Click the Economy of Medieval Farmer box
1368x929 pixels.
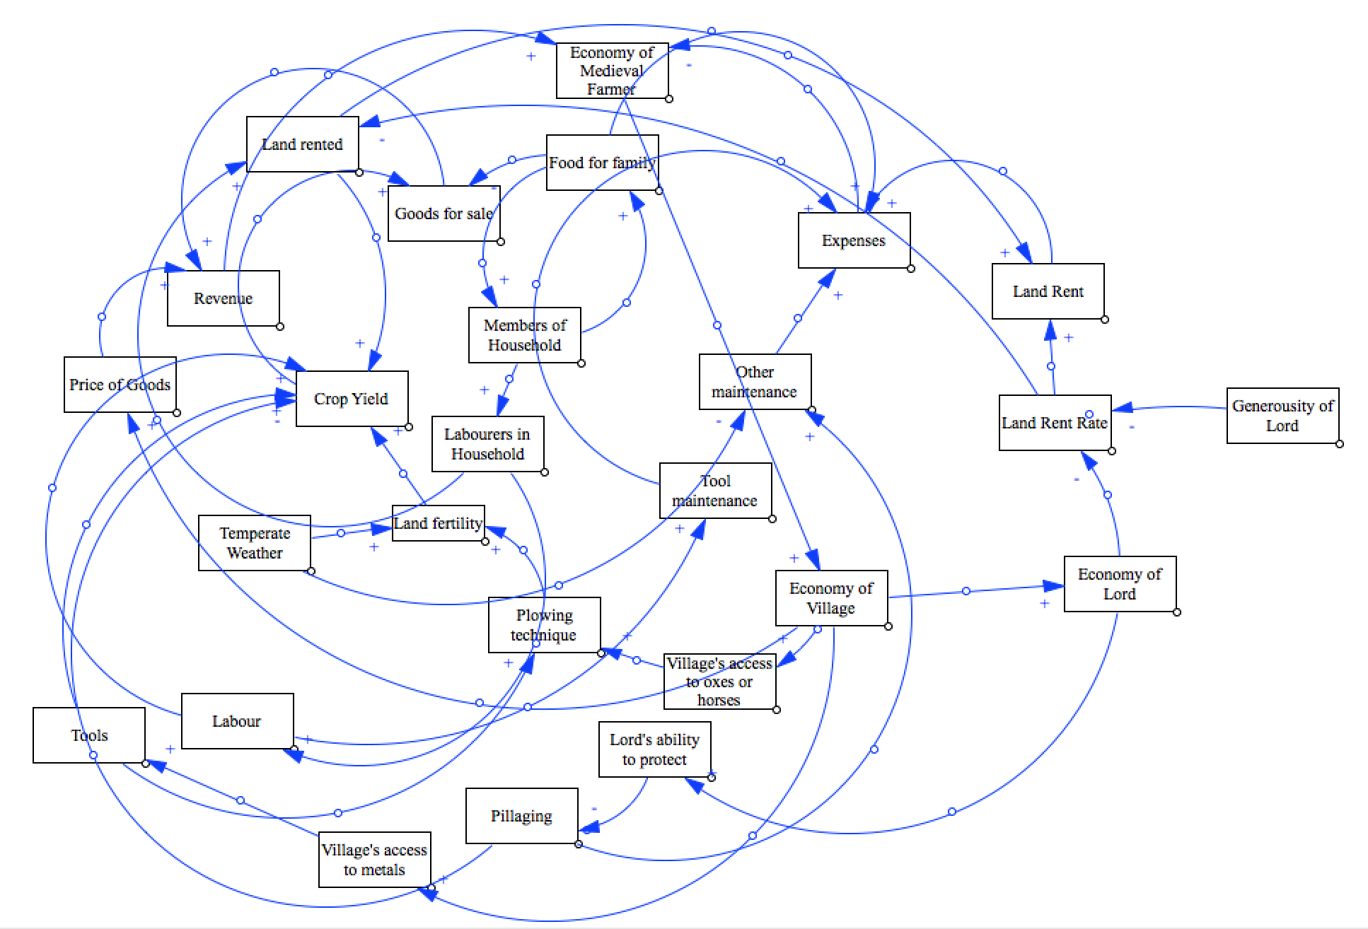click(612, 71)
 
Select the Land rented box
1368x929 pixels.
click(303, 144)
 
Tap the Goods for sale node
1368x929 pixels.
click(444, 214)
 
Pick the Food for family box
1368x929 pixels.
click(602, 163)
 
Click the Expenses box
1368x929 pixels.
click(854, 240)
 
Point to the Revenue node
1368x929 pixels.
click(223, 298)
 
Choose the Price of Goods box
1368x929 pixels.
click(120, 385)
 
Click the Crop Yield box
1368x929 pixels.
click(352, 399)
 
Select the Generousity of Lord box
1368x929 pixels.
click(1282, 416)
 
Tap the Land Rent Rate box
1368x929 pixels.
click(1055, 423)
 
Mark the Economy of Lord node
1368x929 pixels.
click(1120, 584)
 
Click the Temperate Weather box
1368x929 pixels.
click(255, 543)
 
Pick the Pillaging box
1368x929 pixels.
click(521, 816)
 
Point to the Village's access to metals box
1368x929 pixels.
click(374, 860)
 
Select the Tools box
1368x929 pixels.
click(89, 735)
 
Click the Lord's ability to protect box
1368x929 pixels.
click(654, 749)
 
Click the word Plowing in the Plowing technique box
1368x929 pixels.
click(545, 615)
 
